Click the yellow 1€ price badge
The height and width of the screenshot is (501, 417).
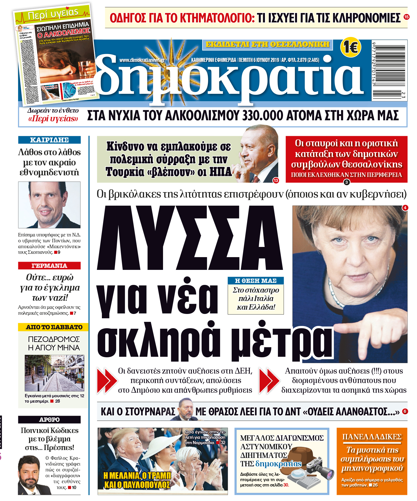coord(351,47)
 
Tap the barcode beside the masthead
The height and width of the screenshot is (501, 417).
coord(389,70)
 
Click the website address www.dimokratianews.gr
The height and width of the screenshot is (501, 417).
coord(142,60)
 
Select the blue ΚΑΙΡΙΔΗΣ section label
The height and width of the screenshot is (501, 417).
coord(49,140)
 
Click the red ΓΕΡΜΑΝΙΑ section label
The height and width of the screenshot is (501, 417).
coord(49,266)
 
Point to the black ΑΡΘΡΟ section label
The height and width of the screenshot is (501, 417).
coord(49,419)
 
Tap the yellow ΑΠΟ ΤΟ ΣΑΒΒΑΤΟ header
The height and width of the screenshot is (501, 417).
coord(53,327)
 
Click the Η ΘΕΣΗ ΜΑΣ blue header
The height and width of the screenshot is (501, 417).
coord(255,281)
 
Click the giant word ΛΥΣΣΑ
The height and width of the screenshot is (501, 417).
coord(190,238)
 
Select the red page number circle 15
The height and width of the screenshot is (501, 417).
coord(406,17)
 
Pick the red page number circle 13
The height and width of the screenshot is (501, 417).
coord(276,180)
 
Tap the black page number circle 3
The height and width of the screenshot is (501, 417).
coord(346,182)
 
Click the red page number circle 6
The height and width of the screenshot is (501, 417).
coord(405,411)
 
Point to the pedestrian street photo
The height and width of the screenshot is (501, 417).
coord(54,373)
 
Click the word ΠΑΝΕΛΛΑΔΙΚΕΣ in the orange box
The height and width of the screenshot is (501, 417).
coord(372,437)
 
